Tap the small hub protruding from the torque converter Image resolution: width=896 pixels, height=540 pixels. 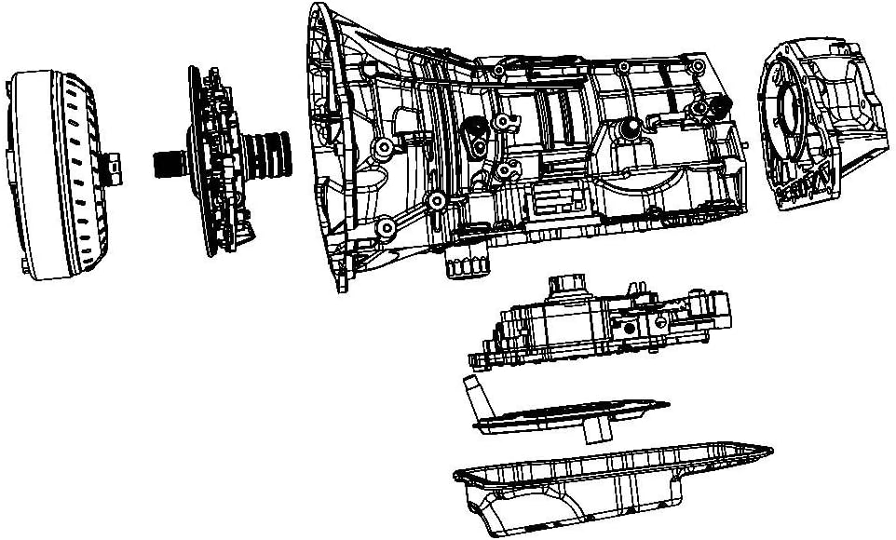click(113, 166)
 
